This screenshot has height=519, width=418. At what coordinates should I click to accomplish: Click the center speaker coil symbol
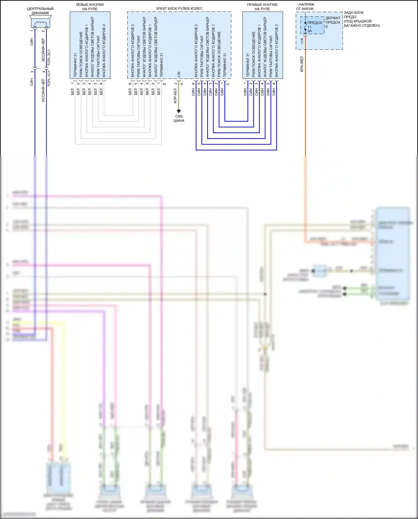(x=40, y=23)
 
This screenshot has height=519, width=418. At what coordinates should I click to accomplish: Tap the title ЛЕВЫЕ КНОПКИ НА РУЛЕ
(x=90, y=7)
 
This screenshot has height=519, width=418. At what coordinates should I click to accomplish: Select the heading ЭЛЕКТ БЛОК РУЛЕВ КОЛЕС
(x=179, y=9)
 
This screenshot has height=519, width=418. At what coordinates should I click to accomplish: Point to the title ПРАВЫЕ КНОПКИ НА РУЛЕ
(x=262, y=7)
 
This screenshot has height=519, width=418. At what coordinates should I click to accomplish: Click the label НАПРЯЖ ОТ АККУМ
(x=305, y=7)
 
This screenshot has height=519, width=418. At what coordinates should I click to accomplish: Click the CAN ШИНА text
(x=179, y=119)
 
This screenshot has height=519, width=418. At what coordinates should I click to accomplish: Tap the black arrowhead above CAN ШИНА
(x=179, y=111)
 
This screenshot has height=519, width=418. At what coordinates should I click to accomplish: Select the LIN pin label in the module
(x=179, y=74)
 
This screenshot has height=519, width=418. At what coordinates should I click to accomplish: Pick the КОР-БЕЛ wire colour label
(x=175, y=96)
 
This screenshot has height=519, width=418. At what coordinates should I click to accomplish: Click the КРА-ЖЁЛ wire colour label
(x=302, y=64)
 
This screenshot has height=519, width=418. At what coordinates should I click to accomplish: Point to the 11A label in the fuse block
(x=302, y=41)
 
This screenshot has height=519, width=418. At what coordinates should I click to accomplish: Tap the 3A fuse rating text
(x=310, y=31)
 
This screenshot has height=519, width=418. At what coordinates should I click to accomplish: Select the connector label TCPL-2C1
(x=49, y=57)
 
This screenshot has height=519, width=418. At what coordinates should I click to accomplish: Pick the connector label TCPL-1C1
(x=49, y=78)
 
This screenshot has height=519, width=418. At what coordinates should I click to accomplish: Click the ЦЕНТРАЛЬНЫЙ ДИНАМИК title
(x=40, y=11)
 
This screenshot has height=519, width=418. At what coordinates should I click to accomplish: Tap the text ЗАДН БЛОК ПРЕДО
(x=354, y=15)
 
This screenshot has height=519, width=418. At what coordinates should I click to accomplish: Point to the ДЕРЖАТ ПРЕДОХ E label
(x=333, y=22)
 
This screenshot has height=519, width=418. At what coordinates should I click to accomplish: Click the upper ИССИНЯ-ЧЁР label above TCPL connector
(x=43, y=50)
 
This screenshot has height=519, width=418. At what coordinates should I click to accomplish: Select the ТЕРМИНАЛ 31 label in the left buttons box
(x=75, y=65)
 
